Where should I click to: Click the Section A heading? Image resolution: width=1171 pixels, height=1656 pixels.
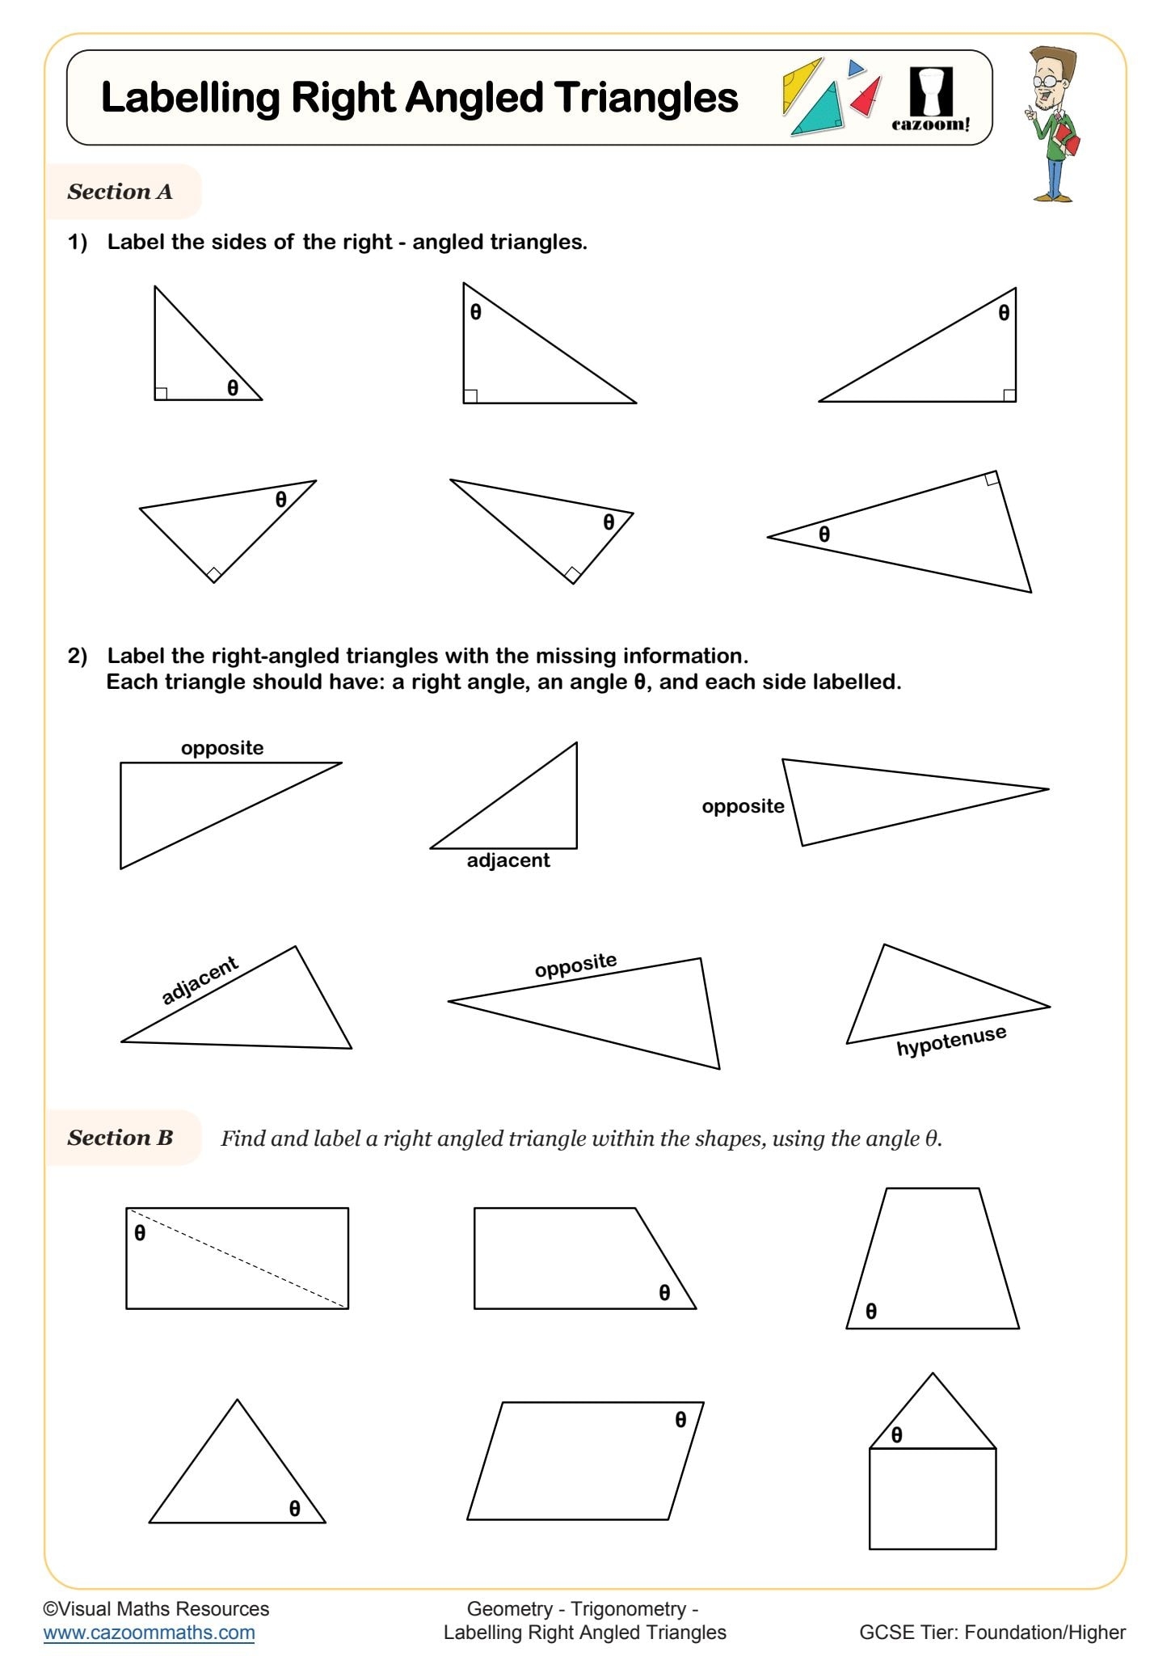pyautogui.click(x=120, y=192)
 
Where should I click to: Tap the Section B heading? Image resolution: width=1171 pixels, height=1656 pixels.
pyautogui.click(x=120, y=1138)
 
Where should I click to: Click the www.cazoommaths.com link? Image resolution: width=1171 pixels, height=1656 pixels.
pyautogui.click(x=149, y=1632)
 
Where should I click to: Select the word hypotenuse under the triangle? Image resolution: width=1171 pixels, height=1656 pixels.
pyautogui.click(x=951, y=1040)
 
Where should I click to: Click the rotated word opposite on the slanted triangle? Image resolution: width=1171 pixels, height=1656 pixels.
pyautogui.click(x=575, y=965)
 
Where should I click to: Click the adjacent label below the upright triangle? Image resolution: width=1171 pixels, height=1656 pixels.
pyautogui.click(x=508, y=860)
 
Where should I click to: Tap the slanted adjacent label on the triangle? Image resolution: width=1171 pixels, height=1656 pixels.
pyautogui.click(x=199, y=979)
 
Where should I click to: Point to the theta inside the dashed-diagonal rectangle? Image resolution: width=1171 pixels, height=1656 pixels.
pyautogui.click(x=140, y=1233)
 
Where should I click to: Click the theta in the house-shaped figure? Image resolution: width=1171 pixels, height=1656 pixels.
pyautogui.click(x=896, y=1434)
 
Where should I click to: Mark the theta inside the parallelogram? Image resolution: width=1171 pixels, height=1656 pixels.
pyautogui.click(x=680, y=1419)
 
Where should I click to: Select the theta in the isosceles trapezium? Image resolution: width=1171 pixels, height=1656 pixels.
pyautogui.click(x=870, y=1311)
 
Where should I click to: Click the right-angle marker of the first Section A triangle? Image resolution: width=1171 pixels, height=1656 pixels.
pyautogui.click(x=161, y=393)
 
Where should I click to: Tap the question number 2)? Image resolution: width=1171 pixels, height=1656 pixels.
pyautogui.click(x=77, y=656)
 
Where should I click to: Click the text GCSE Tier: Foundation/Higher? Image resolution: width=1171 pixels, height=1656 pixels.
pyautogui.click(x=992, y=1632)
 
